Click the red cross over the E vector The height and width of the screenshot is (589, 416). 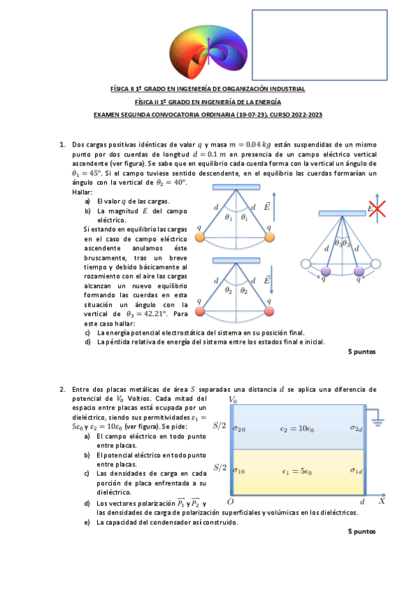coord(377,207)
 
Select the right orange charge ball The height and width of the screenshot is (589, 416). coord(269,237)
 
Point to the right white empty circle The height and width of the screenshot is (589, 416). coord(376,264)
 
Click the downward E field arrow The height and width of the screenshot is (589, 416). coord(276,284)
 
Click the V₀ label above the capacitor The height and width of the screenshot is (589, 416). coord(233,400)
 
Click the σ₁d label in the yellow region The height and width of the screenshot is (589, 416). coord(355,471)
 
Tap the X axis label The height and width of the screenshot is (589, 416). coord(383,500)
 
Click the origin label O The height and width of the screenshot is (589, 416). coord(230,501)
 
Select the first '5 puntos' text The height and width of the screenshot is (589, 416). coord(361,351)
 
